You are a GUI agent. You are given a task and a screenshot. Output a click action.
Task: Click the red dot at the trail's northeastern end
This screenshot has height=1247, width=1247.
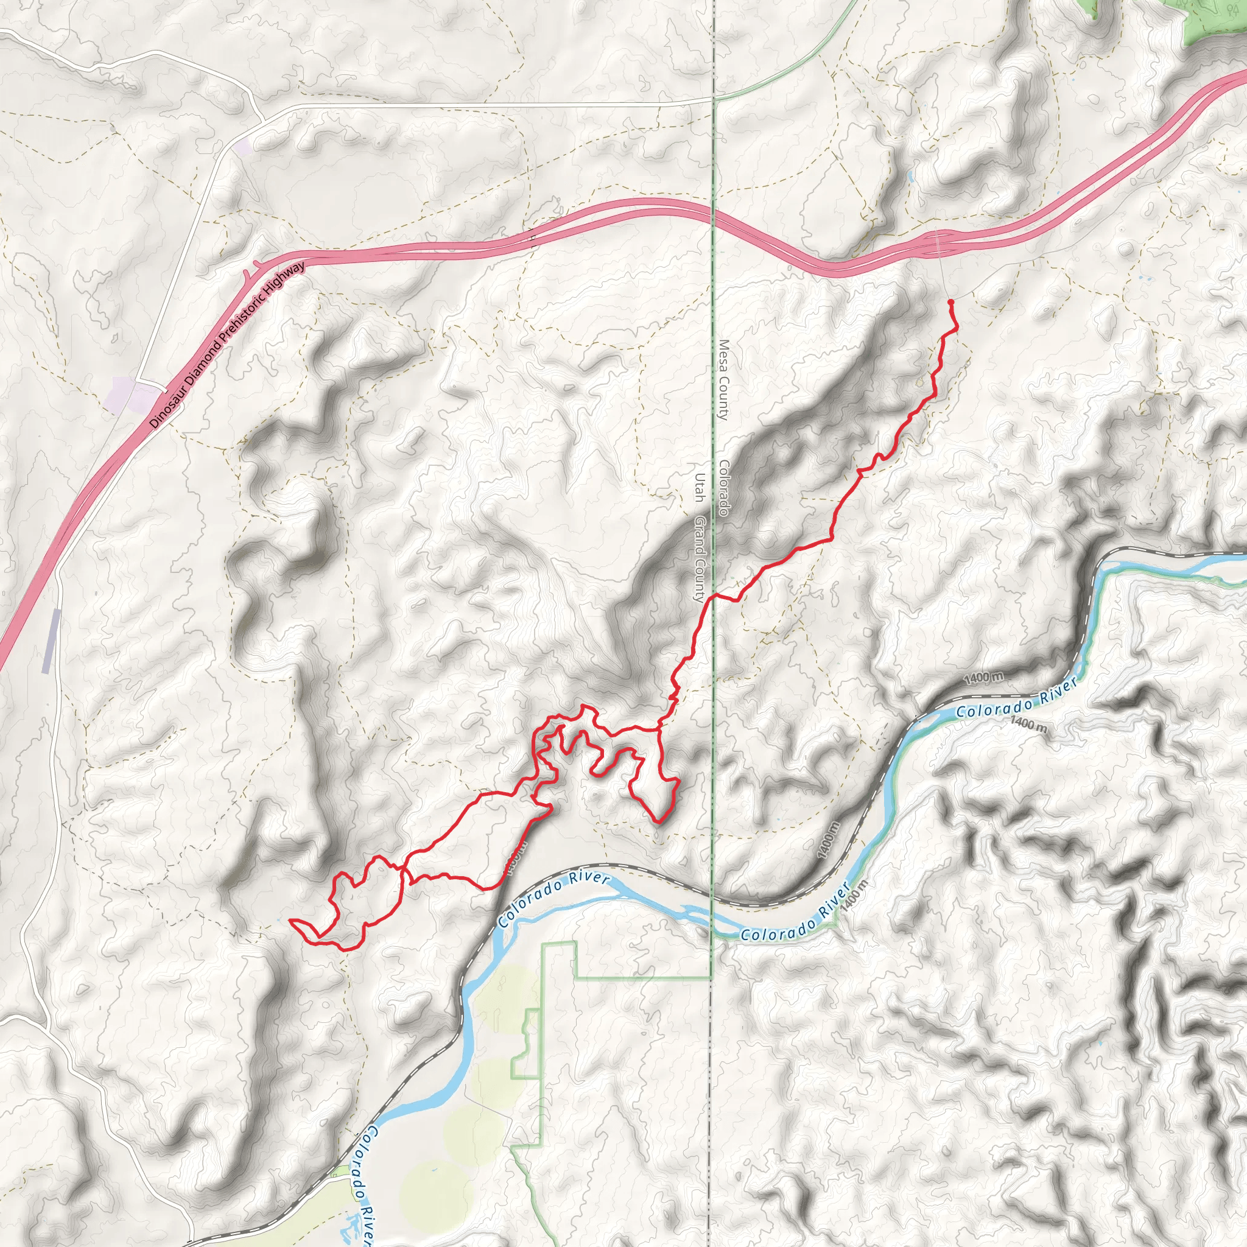pos(950,302)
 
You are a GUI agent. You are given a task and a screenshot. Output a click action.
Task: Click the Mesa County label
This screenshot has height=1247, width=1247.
pos(723,380)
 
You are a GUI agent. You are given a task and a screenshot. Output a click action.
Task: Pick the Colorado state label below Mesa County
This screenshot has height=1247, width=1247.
pos(724,488)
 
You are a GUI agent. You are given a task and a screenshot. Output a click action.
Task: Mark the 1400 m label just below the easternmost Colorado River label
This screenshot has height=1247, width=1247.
pos(1029,723)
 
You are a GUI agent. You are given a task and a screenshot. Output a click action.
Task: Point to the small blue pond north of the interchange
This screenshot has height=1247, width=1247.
pos(910,175)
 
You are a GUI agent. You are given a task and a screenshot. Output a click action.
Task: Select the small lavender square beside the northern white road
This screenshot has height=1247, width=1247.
pos(243,147)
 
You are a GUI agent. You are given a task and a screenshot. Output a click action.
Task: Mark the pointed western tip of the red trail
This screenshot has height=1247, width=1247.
pos(290,920)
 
